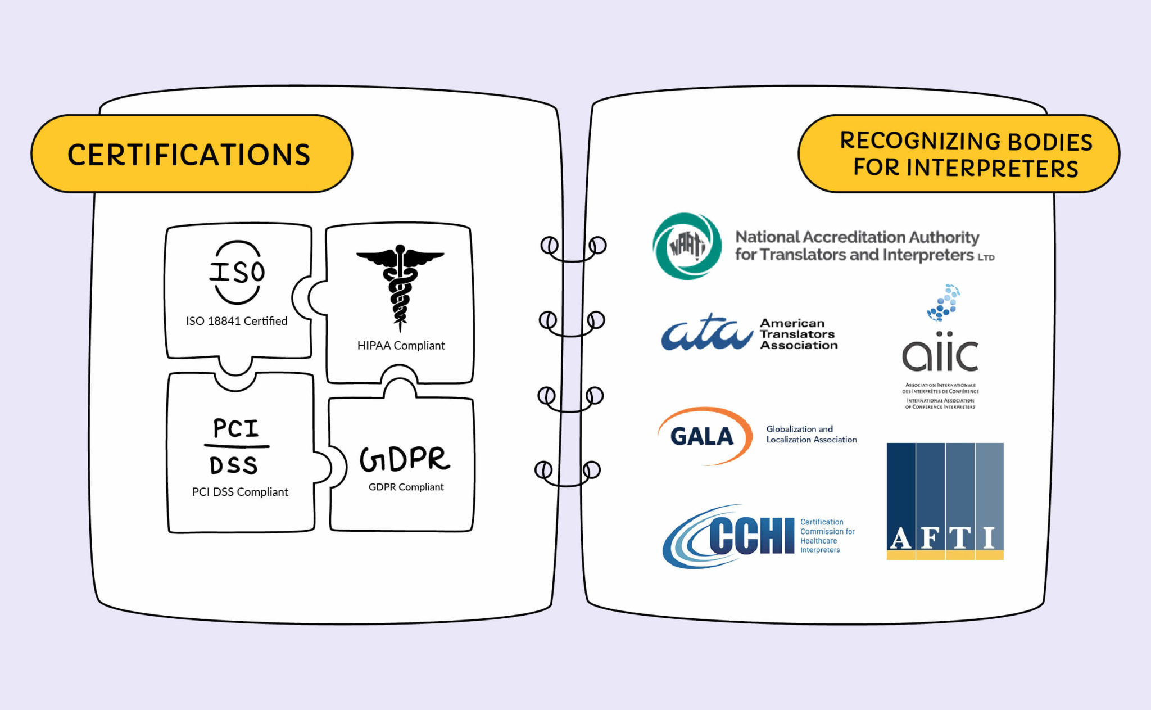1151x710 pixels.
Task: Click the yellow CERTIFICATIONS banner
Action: pyautogui.click(x=191, y=154)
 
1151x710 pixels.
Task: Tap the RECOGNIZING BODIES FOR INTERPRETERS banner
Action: pyautogui.click(x=959, y=154)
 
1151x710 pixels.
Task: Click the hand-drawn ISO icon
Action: pyautogui.click(x=237, y=272)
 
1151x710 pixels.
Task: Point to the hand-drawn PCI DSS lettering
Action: pyautogui.click(x=236, y=447)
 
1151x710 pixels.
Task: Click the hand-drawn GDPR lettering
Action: pyautogui.click(x=405, y=459)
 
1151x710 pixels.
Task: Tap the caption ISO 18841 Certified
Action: pyautogui.click(x=237, y=321)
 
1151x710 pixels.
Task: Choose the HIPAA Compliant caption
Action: pyautogui.click(x=401, y=345)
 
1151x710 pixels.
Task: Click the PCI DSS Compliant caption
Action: pyautogui.click(x=240, y=492)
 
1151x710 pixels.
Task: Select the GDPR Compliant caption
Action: pyautogui.click(x=406, y=487)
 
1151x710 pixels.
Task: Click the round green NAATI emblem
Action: pyautogui.click(x=687, y=246)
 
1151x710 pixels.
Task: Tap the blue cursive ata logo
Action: pyautogui.click(x=706, y=333)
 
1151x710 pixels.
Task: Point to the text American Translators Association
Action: pyautogui.click(x=798, y=334)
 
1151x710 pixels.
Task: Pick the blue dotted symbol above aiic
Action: pyautogui.click(x=944, y=302)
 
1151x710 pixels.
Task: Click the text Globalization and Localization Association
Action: pyautogui.click(x=811, y=434)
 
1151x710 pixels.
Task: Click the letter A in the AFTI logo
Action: pyautogui.click(x=900, y=539)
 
